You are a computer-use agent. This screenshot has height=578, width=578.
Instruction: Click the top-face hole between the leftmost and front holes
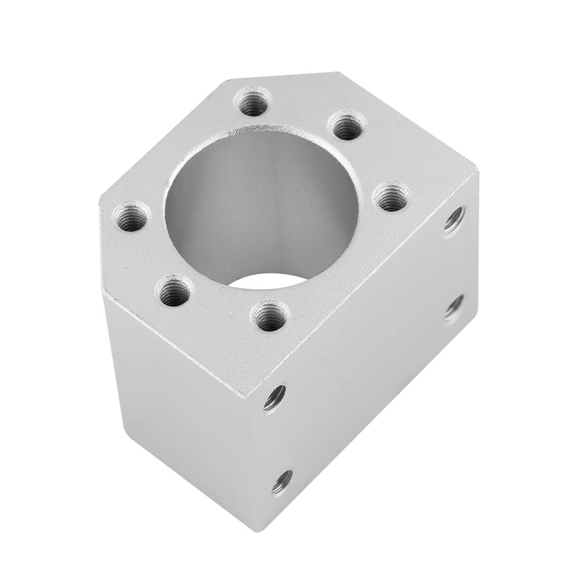coord(174,294)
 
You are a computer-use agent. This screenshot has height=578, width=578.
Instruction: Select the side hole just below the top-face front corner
coord(274,397)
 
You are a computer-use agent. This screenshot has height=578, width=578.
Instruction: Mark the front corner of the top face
coord(248,398)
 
